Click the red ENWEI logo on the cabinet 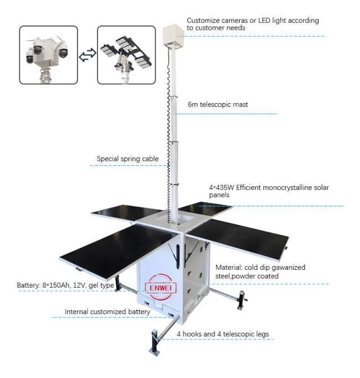coord(161,287)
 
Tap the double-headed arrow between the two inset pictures coord(88,55)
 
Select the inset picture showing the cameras coord(48,55)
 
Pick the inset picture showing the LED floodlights coord(126,55)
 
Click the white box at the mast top coord(173,35)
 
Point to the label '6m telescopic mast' coord(218,104)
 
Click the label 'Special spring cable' coord(127,159)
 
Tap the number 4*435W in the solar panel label coord(222,187)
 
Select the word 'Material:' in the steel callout coord(229,267)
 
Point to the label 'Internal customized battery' coord(107,311)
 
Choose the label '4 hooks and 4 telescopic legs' coord(223,334)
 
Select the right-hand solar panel coord(238,239)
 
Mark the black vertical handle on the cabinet coord(178,257)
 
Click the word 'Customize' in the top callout coord(203,21)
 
